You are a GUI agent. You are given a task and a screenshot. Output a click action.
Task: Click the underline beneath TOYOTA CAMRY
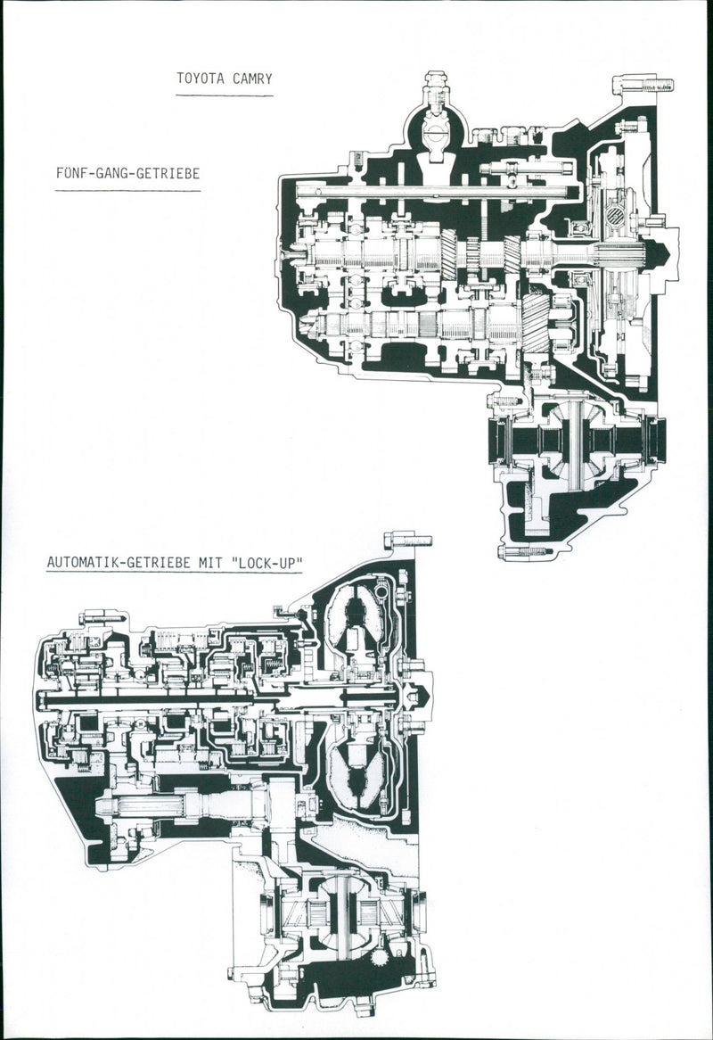point(224,95)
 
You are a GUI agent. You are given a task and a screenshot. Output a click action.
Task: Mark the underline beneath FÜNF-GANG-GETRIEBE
point(127,190)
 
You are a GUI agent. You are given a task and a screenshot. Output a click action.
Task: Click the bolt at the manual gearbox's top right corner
point(643,86)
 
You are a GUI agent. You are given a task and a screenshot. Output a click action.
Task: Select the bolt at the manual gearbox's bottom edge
point(525,551)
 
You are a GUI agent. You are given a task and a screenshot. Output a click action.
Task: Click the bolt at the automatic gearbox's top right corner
point(408,541)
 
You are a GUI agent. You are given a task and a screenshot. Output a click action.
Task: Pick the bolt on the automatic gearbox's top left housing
point(102,616)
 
